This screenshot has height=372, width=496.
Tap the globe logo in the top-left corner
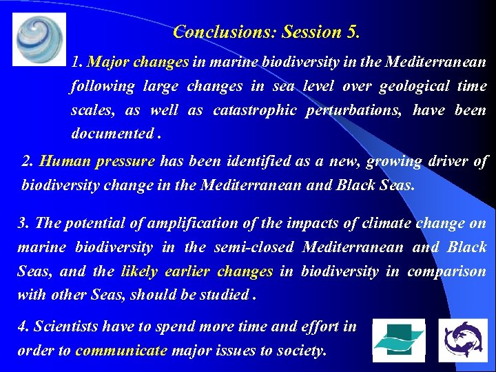39,39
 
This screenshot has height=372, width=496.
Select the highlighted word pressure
123,162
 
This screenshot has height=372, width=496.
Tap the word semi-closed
255,247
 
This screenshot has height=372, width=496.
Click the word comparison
446,271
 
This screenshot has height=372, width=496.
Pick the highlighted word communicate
121,351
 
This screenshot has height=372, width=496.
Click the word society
300,351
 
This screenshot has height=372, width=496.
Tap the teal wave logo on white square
399,340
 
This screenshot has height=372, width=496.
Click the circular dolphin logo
462,340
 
